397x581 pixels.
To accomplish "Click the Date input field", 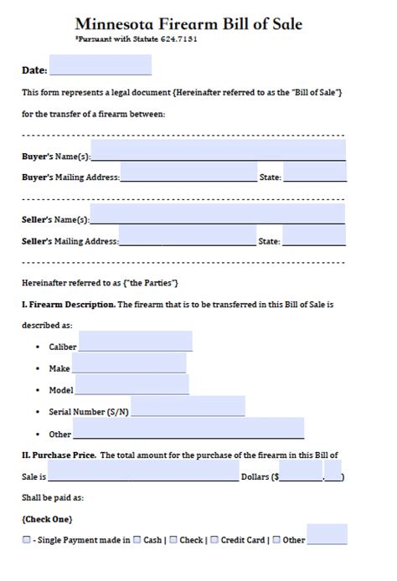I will tap(101, 65).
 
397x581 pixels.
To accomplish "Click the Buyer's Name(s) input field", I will tap(218, 151).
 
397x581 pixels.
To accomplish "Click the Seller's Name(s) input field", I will tap(218, 214).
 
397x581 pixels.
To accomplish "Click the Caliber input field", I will tap(135, 342).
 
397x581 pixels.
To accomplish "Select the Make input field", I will tap(129, 363).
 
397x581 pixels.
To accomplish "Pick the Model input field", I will tap(131, 385).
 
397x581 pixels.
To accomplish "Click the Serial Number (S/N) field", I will tap(188, 407).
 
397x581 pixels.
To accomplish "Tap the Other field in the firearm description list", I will tap(188, 429).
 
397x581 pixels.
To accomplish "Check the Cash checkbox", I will tap(137, 540).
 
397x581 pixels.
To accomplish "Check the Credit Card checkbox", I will tap(214, 540).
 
